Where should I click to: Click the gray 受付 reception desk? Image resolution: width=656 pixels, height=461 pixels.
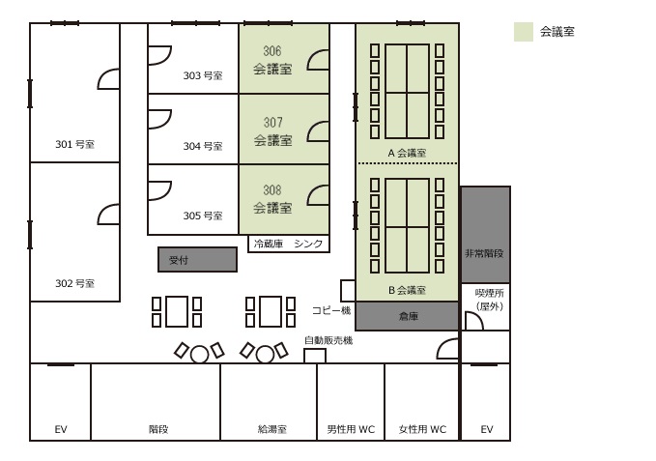point(197,259)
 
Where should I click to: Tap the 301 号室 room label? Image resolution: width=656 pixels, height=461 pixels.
point(75,144)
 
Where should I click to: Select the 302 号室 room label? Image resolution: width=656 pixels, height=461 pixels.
point(75,283)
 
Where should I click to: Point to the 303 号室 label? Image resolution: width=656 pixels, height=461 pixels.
point(203,75)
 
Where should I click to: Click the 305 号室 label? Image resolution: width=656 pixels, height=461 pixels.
point(203,216)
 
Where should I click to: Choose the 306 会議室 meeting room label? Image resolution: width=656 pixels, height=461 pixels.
point(272,60)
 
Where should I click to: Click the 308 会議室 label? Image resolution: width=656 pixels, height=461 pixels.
point(272,199)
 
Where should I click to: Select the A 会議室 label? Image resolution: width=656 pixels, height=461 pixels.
point(407,153)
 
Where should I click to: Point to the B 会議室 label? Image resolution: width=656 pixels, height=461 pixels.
point(407,290)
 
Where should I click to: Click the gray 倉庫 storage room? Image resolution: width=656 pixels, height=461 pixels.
point(407,316)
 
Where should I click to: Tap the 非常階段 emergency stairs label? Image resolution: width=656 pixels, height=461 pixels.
point(484,253)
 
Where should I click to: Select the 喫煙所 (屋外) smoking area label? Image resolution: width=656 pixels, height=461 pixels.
point(490,300)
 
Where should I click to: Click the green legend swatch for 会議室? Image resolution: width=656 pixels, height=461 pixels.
point(524,32)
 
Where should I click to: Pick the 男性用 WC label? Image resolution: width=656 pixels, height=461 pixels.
point(351,429)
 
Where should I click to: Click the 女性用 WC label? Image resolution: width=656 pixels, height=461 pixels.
point(422,429)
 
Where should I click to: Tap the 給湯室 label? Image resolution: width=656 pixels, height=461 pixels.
point(272,429)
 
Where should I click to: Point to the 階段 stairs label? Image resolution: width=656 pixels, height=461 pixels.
point(158,429)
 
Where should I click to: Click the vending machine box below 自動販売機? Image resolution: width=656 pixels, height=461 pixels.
point(315,356)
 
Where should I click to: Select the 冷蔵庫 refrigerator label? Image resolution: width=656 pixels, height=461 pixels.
point(269,244)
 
